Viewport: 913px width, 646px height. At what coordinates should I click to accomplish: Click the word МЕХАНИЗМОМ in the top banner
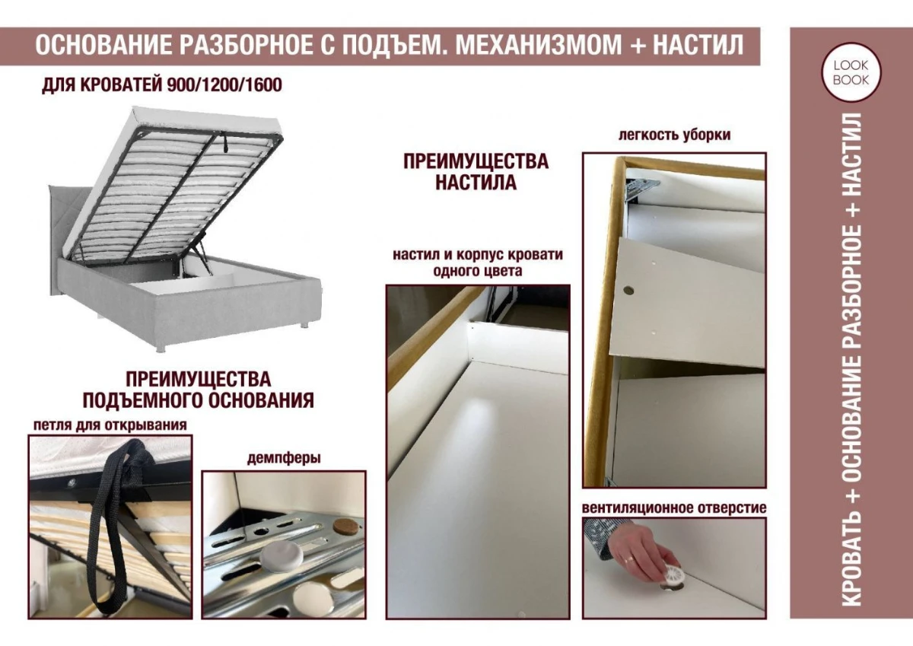pyautogui.click(x=532, y=45)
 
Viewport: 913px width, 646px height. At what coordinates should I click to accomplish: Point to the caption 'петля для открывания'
pyautogui.click(x=110, y=425)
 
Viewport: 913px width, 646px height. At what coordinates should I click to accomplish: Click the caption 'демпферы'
pyautogui.click(x=283, y=458)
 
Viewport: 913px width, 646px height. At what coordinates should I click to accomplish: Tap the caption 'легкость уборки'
pyautogui.click(x=675, y=135)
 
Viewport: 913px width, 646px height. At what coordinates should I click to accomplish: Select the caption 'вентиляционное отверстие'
pyautogui.click(x=674, y=508)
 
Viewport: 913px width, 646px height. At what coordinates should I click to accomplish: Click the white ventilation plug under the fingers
pyautogui.click(x=670, y=576)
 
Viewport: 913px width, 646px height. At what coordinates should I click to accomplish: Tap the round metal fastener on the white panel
pyautogui.click(x=629, y=290)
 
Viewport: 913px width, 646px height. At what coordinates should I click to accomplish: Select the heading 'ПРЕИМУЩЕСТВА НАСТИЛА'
pyautogui.click(x=476, y=172)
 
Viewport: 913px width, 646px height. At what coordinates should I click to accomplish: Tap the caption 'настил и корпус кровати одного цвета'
pyautogui.click(x=478, y=263)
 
